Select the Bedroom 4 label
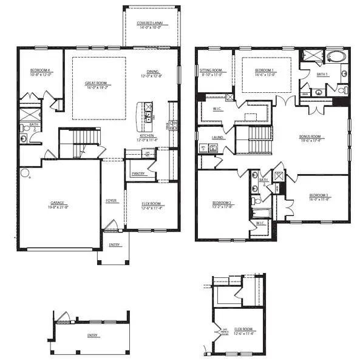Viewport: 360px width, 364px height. [x=39, y=70]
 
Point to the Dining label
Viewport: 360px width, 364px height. [x=153, y=71]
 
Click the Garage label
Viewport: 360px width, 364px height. [x=57, y=203]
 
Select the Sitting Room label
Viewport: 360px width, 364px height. [x=211, y=70]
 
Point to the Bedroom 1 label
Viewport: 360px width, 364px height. [x=265, y=70]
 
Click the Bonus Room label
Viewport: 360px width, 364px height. [x=310, y=137]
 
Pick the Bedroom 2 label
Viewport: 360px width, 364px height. [x=222, y=203]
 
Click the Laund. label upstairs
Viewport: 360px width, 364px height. [x=216, y=138]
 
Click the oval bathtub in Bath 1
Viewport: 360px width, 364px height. [x=335, y=58]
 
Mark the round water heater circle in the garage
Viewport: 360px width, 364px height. [x=24, y=172]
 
